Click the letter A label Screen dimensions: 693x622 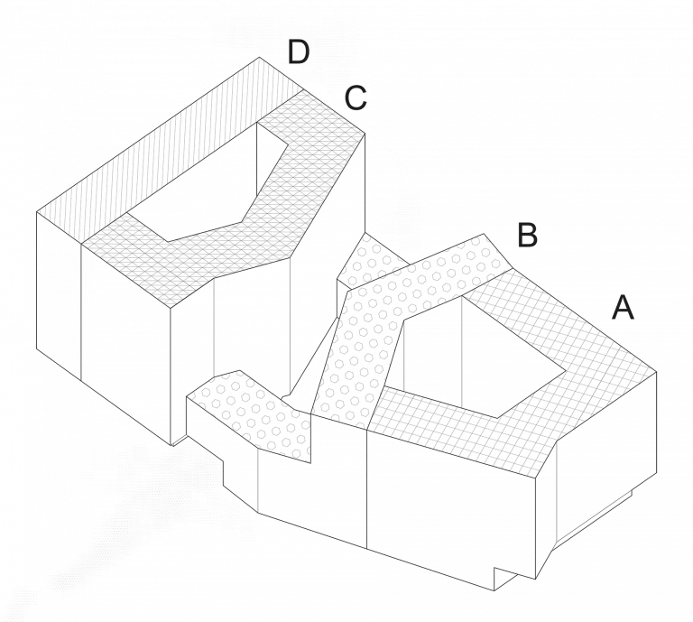point(623,307)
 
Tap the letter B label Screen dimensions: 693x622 point(527,236)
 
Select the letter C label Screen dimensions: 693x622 point(356,98)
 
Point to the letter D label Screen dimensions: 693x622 point(299,51)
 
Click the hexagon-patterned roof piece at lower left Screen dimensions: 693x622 point(256,415)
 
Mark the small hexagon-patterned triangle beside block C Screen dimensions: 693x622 point(367,261)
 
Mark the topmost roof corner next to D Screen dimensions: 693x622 point(260,57)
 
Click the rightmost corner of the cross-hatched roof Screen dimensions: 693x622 point(656,372)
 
